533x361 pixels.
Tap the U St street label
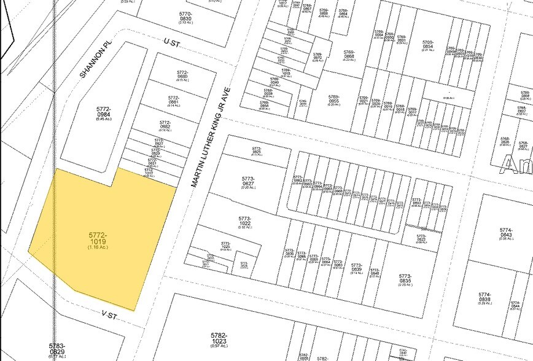click(170, 41)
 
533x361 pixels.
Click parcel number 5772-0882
click(165, 125)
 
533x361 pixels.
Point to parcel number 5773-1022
click(245, 221)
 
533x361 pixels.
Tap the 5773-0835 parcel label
click(404, 279)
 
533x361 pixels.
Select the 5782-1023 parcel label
click(219, 338)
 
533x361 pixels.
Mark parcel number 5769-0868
click(349, 55)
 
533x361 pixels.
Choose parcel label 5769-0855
click(334, 99)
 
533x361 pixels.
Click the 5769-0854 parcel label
click(428, 45)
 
